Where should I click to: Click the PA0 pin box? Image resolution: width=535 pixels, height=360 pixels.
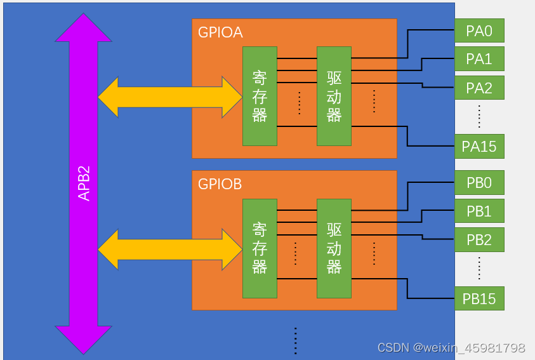[x=479, y=30]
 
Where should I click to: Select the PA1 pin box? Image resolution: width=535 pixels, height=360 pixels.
[x=479, y=59]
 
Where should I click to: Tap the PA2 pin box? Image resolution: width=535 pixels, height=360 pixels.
[x=479, y=88]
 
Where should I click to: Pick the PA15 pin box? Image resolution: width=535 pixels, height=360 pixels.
[x=479, y=147]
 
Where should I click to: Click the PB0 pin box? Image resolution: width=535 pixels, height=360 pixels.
[x=479, y=183]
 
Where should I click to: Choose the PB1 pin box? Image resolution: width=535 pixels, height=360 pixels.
[x=479, y=211]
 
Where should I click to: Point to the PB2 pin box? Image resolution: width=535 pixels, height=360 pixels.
[x=479, y=240]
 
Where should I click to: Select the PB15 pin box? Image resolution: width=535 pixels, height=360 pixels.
[x=479, y=298]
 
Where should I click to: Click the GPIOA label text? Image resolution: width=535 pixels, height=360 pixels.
[x=220, y=32]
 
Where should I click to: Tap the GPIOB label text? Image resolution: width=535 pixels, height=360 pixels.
[x=220, y=184]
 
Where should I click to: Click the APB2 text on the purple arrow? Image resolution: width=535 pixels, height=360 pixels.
[x=84, y=183]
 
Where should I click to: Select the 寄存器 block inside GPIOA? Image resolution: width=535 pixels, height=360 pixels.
[x=260, y=96]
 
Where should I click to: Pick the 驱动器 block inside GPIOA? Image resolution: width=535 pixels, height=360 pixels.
[x=334, y=96]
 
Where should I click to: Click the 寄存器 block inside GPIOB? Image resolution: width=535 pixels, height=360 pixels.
[x=260, y=248]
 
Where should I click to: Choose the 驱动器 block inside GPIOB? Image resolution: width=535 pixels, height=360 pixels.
[x=334, y=248]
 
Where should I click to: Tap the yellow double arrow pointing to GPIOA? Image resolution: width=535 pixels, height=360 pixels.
[x=169, y=97]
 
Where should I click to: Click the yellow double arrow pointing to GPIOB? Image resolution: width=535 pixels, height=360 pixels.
[x=169, y=250]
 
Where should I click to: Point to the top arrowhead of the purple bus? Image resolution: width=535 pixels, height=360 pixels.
[x=83, y=29]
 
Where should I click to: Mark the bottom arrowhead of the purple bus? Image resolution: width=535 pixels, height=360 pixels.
[x=83, y=339]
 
